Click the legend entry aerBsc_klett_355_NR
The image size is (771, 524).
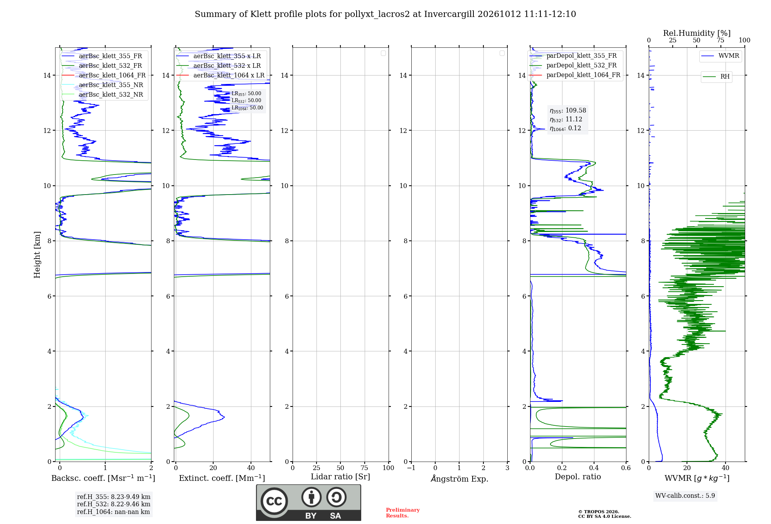103,85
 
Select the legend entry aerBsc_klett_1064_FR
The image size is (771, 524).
104,75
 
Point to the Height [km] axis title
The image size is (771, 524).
37,255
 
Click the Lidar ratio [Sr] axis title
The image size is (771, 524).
340,477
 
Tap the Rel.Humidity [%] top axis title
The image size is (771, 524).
697,33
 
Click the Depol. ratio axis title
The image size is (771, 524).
578,477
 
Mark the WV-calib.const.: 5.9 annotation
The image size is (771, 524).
685,495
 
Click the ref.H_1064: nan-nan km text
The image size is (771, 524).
113,512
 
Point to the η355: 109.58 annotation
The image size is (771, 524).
568,111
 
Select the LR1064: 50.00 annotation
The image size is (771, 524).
247,108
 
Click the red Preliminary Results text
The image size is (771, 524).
403,513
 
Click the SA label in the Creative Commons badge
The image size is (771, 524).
335,516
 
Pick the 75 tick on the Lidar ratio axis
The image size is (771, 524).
364,468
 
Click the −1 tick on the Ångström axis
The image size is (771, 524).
411,468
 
